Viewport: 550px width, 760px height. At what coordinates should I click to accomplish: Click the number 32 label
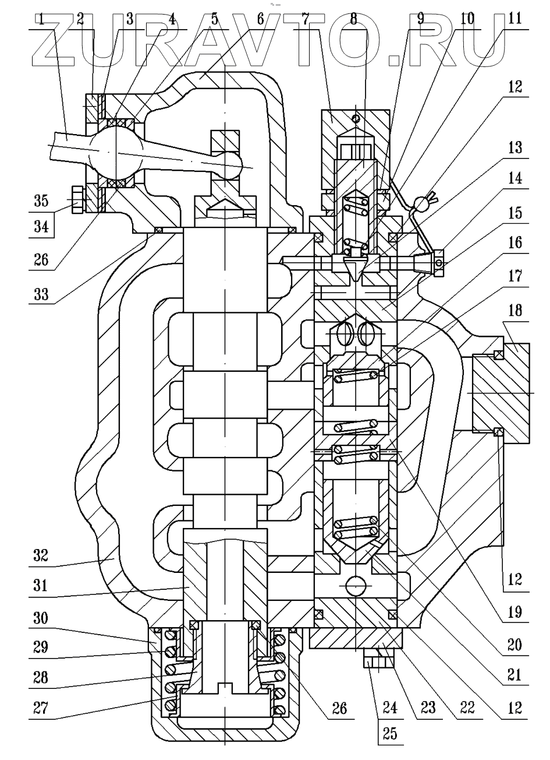[x=40, y=564]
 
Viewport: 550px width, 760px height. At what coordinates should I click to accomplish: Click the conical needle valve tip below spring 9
[x=355, y=269]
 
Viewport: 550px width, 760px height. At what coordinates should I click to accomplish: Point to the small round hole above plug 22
[x=356, y=584]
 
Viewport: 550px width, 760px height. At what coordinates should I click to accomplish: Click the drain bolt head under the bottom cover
[x=378, y=662]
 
